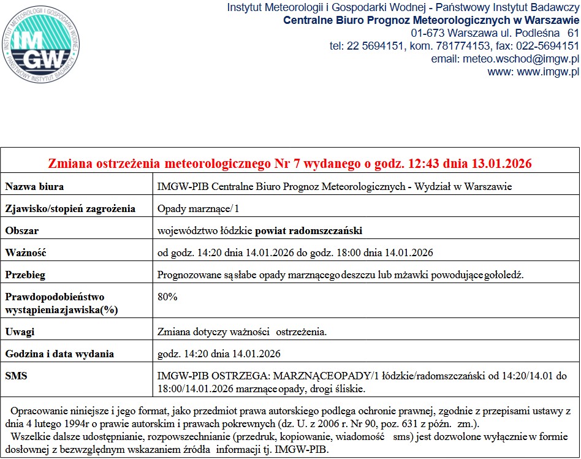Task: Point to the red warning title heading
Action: click(x=290, y=164)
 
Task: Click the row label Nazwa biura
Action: click(x=34, y=186)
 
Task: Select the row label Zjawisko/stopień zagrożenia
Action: click(x=70, y=208)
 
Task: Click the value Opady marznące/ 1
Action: click(x=199, y=208)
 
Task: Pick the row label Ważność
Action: click(x=26, y=252)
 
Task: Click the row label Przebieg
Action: click(x=25, y=275)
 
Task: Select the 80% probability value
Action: click(x=167, y=297)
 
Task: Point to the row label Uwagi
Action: click(x=20, y=332)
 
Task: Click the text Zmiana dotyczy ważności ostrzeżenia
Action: click(x=242, y=332)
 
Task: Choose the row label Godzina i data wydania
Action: click(x=59, y=354)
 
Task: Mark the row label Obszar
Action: click(x=22, y=230)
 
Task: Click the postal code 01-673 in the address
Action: click(x=428, y=33)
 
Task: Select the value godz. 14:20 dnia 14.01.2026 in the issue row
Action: click(x=219, y=354)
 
